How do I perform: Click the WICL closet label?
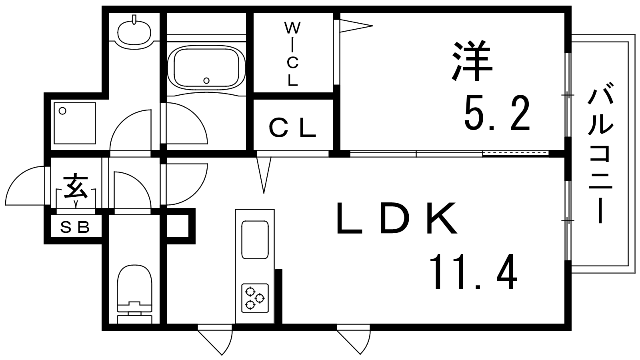(x=292, y=54)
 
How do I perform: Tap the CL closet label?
(x=292, y=128)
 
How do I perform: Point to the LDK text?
(x=398, y=218)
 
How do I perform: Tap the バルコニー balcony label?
(x=600, y=156)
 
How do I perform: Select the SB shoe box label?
(x=75, y=227)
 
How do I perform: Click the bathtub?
(x=206, y=68)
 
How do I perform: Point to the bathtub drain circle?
(x=206, y=80)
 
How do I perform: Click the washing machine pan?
(x=74, y=123)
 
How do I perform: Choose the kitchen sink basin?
(x=255, y=240)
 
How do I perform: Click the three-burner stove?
(x=255, y=298)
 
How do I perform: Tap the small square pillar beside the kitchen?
(x=178, y=226)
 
